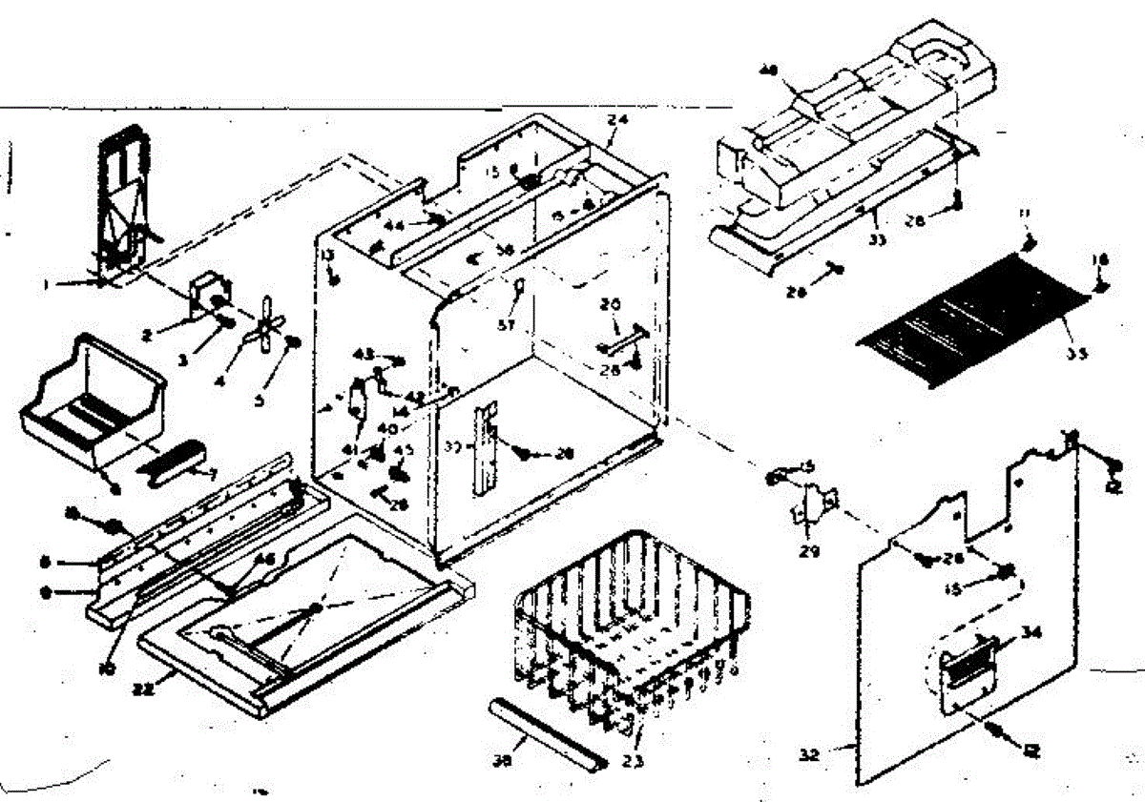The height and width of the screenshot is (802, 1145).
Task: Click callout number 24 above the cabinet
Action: [614, 121]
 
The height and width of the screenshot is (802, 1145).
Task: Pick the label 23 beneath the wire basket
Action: [633, 760]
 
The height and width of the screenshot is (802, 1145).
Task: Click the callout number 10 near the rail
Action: [106, 668]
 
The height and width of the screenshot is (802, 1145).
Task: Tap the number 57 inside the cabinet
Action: [508, 325]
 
